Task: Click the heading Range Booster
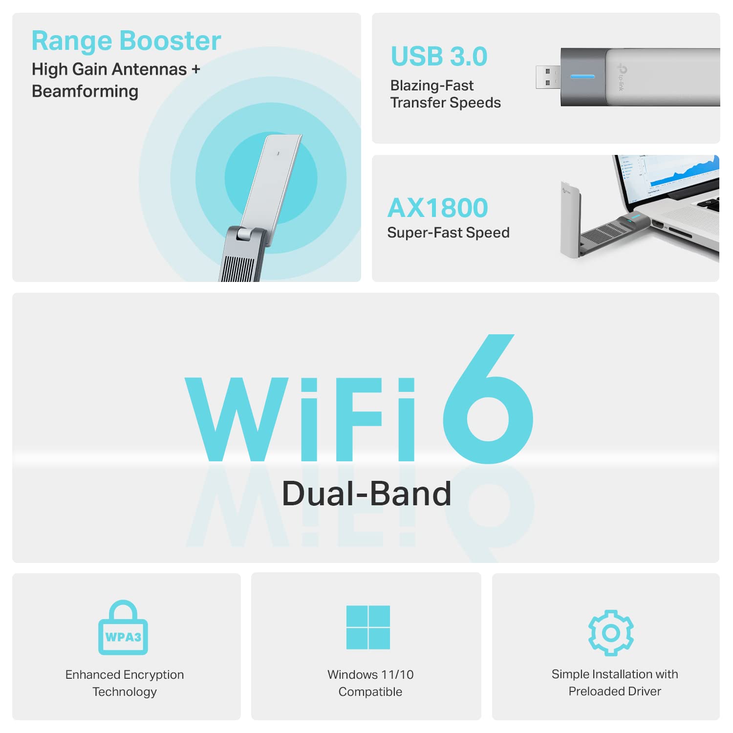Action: tap(126, 41)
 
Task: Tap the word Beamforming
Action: tap(85, 92)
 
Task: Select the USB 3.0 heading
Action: tap(439, 57)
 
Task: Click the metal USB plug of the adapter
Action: tap(548, 77)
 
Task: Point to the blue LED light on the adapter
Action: tap(582, 77)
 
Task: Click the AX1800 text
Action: tap(437, 208)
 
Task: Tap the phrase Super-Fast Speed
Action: tap(448, 233)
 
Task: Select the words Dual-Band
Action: tap(366, 494)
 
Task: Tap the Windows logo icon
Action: tap(368, 627)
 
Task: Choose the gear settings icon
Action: tap(611, 632)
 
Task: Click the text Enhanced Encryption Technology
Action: tap(125, 683)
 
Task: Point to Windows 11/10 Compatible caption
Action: tap(370, 683)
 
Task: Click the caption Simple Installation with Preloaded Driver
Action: tap(615, 683)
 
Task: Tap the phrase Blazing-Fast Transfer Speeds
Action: tap(445, 94)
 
